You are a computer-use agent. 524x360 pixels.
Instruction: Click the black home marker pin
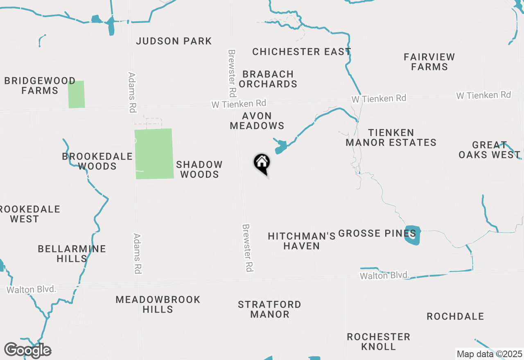pos(262,164)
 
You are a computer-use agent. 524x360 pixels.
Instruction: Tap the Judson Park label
pos(174,41)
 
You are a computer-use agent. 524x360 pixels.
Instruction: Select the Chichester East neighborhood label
pos(302,52)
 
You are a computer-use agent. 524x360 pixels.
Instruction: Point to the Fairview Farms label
pos(429,62)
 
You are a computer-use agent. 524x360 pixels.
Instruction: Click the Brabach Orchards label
pos(268,79)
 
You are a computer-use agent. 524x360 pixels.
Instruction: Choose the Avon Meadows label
pos(257,121)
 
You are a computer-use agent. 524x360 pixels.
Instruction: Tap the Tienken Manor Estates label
pos(391,137)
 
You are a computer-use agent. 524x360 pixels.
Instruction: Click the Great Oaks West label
pos(489,150)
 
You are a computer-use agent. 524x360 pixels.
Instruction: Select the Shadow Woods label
pos(199,169)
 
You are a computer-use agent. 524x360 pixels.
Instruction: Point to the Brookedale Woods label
pos(97,161)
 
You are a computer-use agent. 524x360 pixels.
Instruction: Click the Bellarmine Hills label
pos(72,254)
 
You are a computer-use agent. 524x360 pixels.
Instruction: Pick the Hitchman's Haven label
pos(302,241)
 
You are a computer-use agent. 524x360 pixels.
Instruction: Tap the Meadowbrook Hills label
pos(158,304)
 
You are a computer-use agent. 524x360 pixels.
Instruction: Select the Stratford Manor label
pos(270,309)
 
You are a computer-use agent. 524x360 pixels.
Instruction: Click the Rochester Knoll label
pos(378,342)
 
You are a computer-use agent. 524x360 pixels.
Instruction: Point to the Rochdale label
pos(455,316)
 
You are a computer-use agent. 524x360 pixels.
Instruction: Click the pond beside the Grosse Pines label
pos(413,235)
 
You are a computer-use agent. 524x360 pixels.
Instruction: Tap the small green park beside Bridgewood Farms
pos(77,94)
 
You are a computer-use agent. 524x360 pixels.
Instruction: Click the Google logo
pos(27,350)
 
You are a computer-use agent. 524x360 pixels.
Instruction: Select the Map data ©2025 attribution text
pos(489,354)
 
